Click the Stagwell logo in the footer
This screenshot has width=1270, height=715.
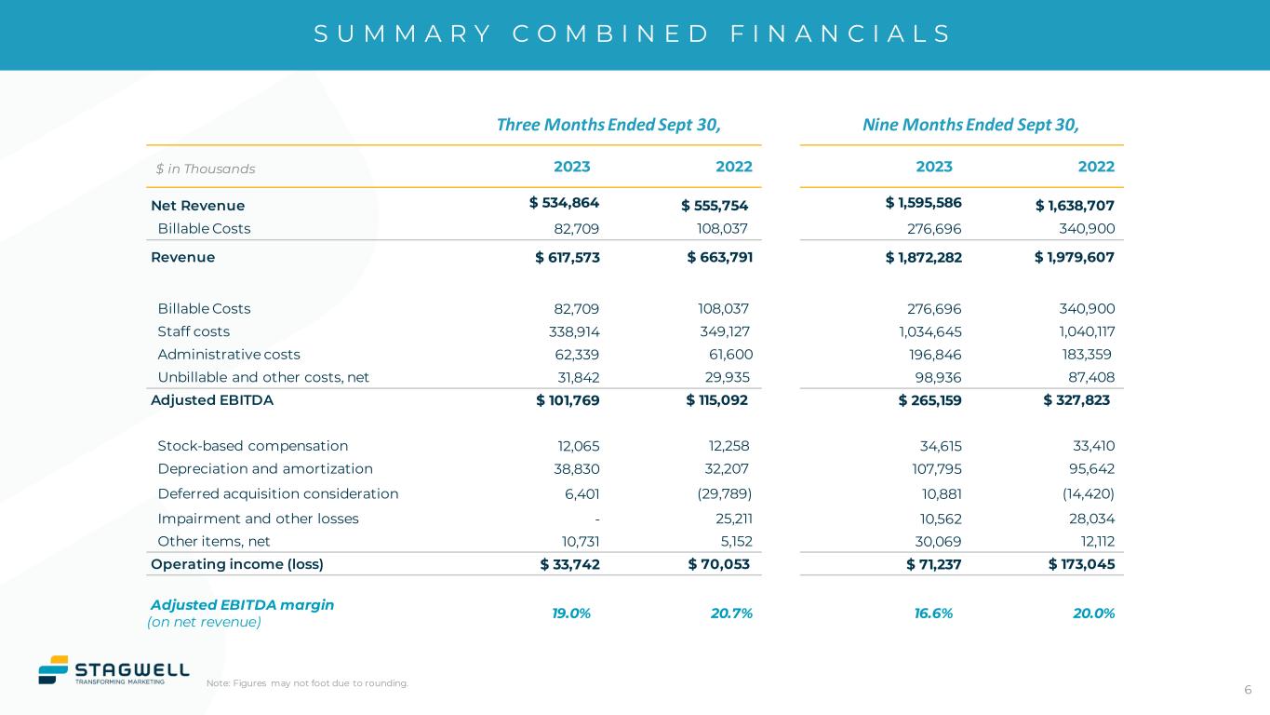tap(113, 669)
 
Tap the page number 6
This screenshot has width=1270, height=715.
tap(1248, 690)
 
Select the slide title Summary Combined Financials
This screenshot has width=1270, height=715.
tap(633, 34)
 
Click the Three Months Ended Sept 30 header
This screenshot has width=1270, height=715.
tap(608, 125)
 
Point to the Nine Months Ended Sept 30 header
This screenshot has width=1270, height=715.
tap(970, 125)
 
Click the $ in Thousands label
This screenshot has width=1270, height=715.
tap(206, 169)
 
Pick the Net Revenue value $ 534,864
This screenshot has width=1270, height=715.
tap(564, 203)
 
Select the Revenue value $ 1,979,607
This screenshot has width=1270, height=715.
tap(1074, 257)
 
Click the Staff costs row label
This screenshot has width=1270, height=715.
tap(194, 331)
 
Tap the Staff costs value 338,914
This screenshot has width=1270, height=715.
tap(574, 331)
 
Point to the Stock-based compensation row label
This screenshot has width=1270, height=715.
tap(253, 446)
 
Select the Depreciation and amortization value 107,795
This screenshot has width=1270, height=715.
tap(934, 468)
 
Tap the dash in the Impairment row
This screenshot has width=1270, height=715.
tap(596, 519)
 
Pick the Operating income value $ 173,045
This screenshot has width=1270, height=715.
tap(1081, 563)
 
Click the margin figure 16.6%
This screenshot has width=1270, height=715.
tap(933, 613)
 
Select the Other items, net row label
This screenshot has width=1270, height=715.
tap(214, 541)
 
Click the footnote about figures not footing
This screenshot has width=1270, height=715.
tap(307, 683)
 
